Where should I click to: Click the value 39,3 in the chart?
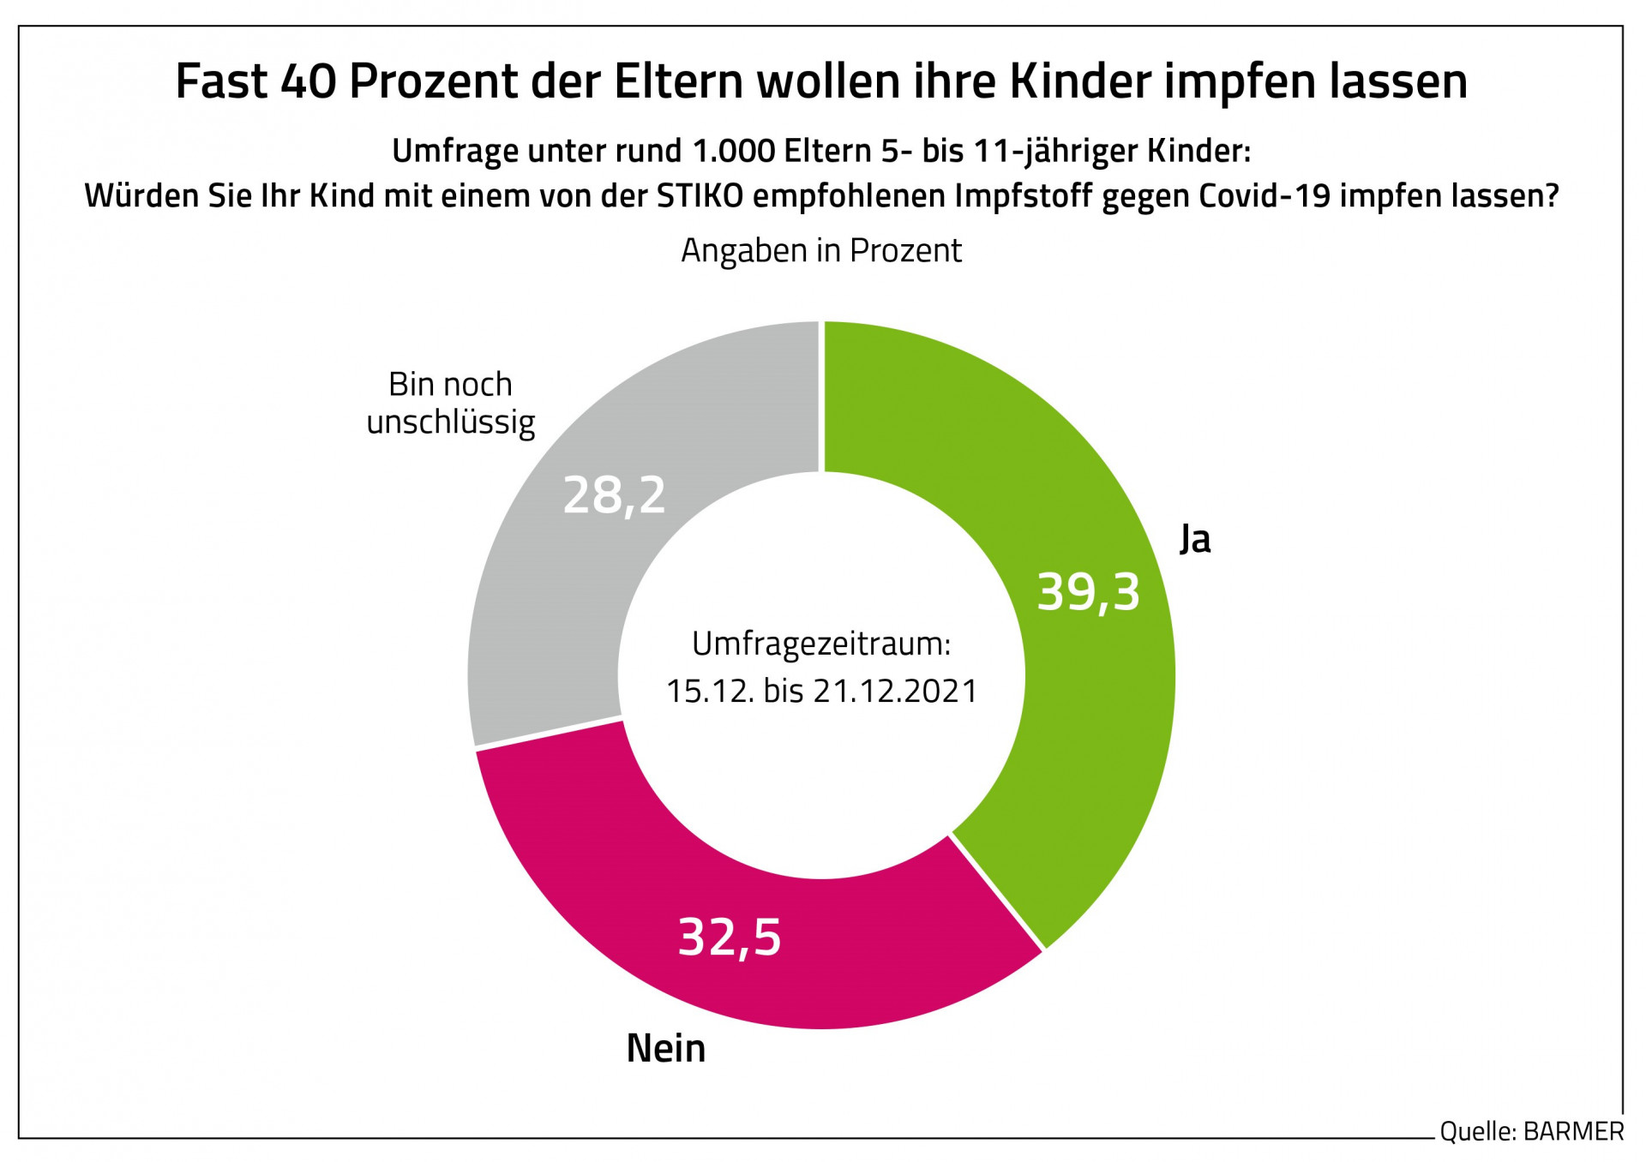1088,592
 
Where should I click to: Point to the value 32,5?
730,937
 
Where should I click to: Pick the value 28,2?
614,495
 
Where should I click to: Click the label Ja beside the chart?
1195,539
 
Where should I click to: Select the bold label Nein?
666,1048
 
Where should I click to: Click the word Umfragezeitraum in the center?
821,644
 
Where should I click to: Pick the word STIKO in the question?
700,196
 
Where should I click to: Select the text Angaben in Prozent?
821,250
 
